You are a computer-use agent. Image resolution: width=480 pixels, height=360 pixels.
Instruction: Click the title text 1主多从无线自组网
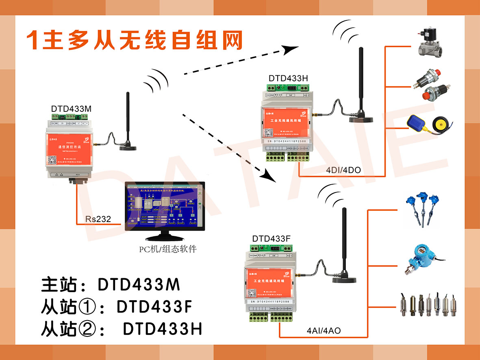tap(134, 40)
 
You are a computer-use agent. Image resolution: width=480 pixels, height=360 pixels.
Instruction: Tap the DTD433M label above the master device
tap(71, 109)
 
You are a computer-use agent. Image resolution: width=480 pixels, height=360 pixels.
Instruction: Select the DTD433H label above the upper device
tap(288, 79)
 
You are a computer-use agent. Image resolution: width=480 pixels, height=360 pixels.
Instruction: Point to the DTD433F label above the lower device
tap(271, 238)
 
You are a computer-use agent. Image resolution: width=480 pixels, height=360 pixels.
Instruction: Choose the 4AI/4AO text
tap(324, 331)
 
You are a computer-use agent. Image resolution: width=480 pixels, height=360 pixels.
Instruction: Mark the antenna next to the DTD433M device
tap(127, 122)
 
